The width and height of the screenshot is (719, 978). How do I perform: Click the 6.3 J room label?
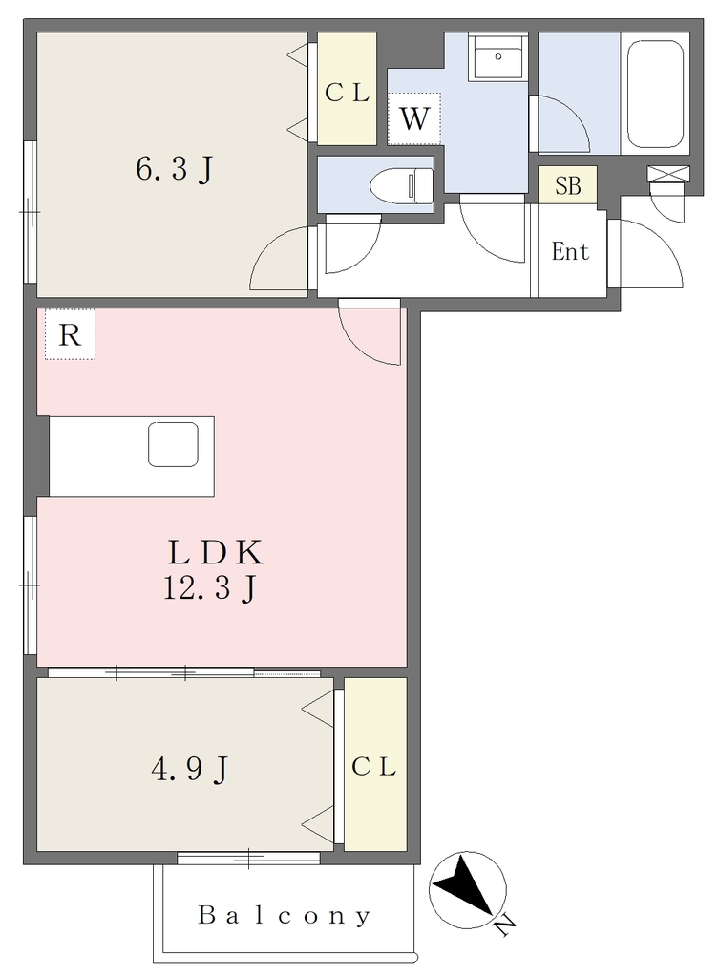click(175, 168)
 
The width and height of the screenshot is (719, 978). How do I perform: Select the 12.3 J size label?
click(209, 588)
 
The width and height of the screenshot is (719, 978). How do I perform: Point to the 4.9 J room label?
click(190, 769)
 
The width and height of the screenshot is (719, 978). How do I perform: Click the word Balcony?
click(285, 916)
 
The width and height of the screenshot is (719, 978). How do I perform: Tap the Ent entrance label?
click(570, 251)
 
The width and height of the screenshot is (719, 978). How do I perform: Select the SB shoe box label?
click(567, 186)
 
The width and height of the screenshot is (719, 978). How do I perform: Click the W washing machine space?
click(414, 118)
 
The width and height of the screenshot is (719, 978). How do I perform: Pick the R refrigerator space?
click(69, 335)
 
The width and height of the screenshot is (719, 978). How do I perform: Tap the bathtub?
click(655, 94)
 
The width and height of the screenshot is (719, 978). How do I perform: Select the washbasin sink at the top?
click(497, 56)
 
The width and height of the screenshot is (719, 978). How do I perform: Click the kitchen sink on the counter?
click(174, 444)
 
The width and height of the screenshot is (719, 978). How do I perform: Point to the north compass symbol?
click(467, 890)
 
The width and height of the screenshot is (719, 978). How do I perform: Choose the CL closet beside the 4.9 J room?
click(375, 764)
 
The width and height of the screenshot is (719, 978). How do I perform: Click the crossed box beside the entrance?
click(668, 174)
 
